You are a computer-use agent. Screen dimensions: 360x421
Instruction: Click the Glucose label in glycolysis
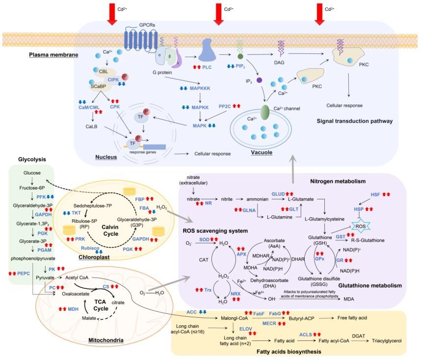coord(32,173)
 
